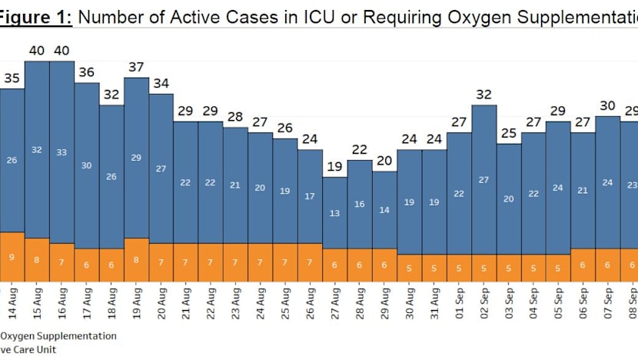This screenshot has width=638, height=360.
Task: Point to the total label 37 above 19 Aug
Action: tap(136, 67)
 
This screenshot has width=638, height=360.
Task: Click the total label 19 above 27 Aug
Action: tap(334, 167)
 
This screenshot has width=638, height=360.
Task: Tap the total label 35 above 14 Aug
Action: tap(12, 78)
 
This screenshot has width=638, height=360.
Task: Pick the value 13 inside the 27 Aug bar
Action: tap(334, 213)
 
